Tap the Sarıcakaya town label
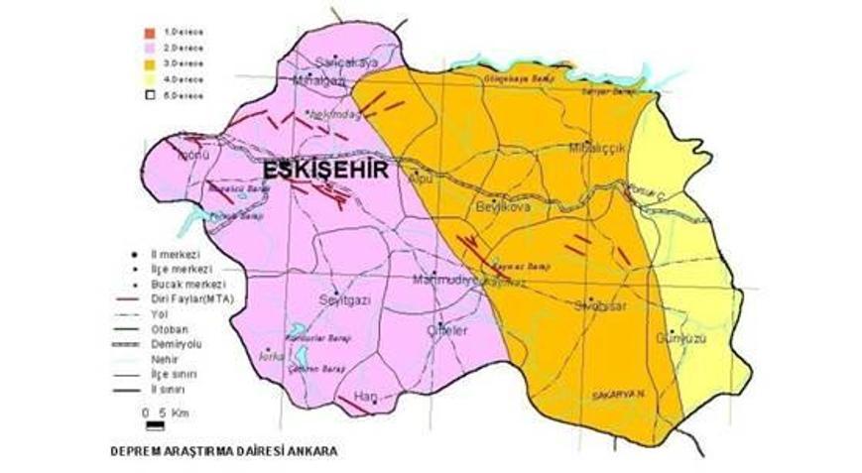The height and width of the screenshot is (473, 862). [341, 61]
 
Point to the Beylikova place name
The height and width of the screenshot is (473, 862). [505, 207]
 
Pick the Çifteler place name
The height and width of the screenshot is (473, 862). [445, 330]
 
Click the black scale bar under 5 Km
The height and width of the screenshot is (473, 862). [155, 425]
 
